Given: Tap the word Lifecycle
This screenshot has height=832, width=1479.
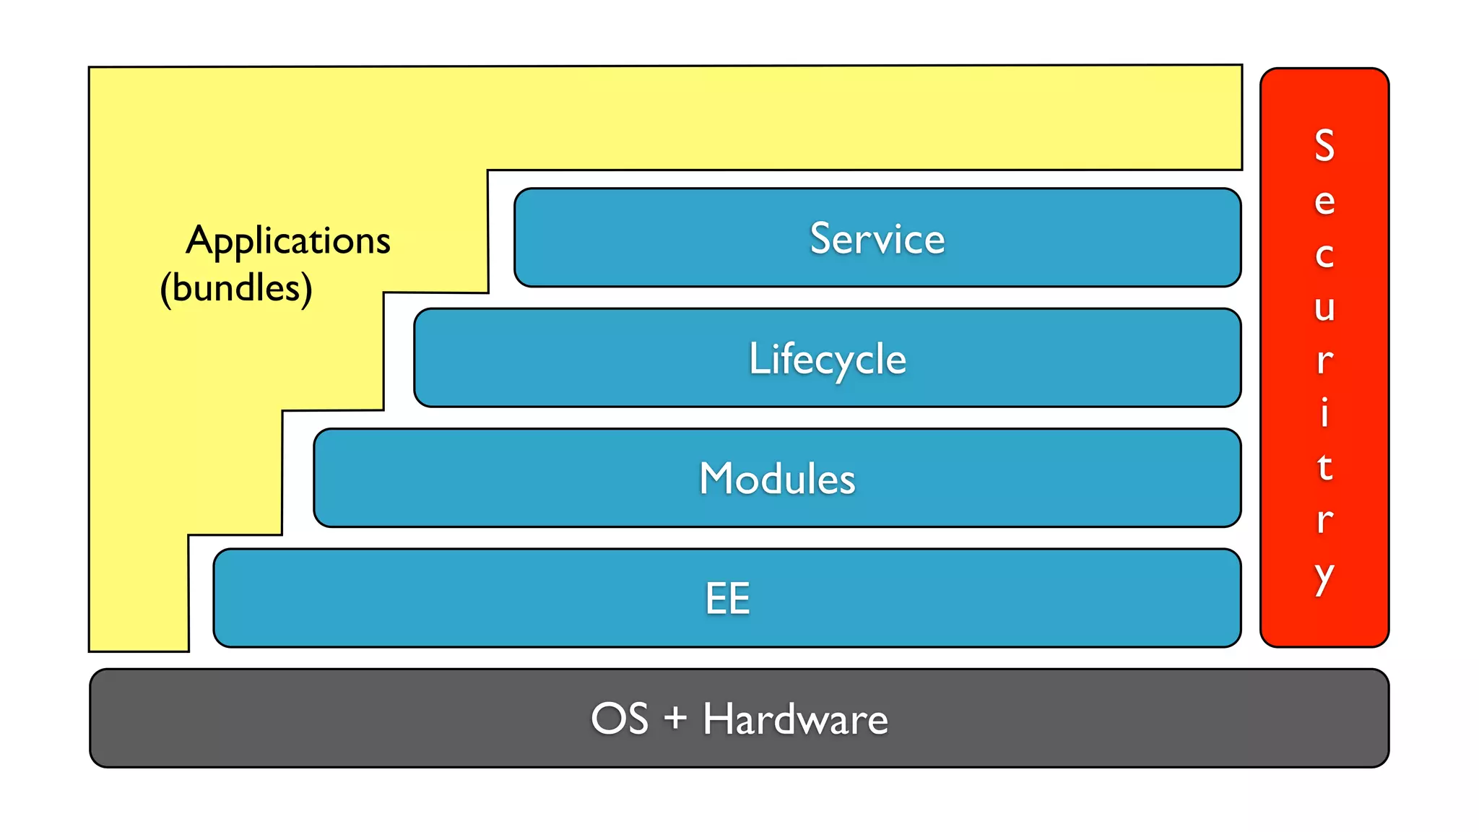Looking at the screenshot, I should click(x=827, y=359).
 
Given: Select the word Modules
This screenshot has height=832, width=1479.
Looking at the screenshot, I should click(x=777, y=478).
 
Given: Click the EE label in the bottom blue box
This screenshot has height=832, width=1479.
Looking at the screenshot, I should click(x=727, y=598).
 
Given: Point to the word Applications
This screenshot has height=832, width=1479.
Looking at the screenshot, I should click(x=287, y=240).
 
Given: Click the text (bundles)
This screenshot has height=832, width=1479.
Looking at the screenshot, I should click(x=236, y=287).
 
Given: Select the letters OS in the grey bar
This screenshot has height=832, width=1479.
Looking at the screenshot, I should click(x=619, y=719).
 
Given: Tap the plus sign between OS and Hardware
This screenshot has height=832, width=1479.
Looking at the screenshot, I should click(x=675, y=719).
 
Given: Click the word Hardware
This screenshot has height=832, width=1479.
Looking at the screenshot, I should click(x=795, y=719).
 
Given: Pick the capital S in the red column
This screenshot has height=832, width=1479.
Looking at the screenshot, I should click(x=1324, y=145).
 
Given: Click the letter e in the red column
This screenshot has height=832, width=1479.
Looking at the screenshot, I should click(x=1324, y=201).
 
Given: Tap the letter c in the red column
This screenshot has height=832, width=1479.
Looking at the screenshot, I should click(x=1324, y=255).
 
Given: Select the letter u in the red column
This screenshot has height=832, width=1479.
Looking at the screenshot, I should click(x=1324, y=308).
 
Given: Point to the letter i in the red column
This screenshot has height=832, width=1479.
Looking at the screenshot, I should click(x=1324, y=412).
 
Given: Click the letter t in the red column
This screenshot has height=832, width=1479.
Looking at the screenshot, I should click(x=1324, y=467).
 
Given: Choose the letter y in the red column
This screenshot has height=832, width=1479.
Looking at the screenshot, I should click(x=1324, y=577).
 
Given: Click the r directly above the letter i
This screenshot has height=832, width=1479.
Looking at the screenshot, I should click(x=1324, y=360).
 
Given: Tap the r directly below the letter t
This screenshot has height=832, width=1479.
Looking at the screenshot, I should click(x=1324, y=520).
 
